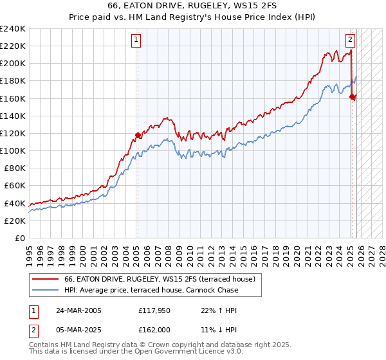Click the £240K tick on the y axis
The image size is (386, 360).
[13, 29]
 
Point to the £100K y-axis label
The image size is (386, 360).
[13, 150]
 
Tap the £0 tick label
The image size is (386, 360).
[20, 238]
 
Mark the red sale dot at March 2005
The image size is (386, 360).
[138, 135]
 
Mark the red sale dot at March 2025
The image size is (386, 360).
[352, 96]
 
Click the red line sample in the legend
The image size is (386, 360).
[45, 279]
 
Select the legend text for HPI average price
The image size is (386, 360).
[151, 290]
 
